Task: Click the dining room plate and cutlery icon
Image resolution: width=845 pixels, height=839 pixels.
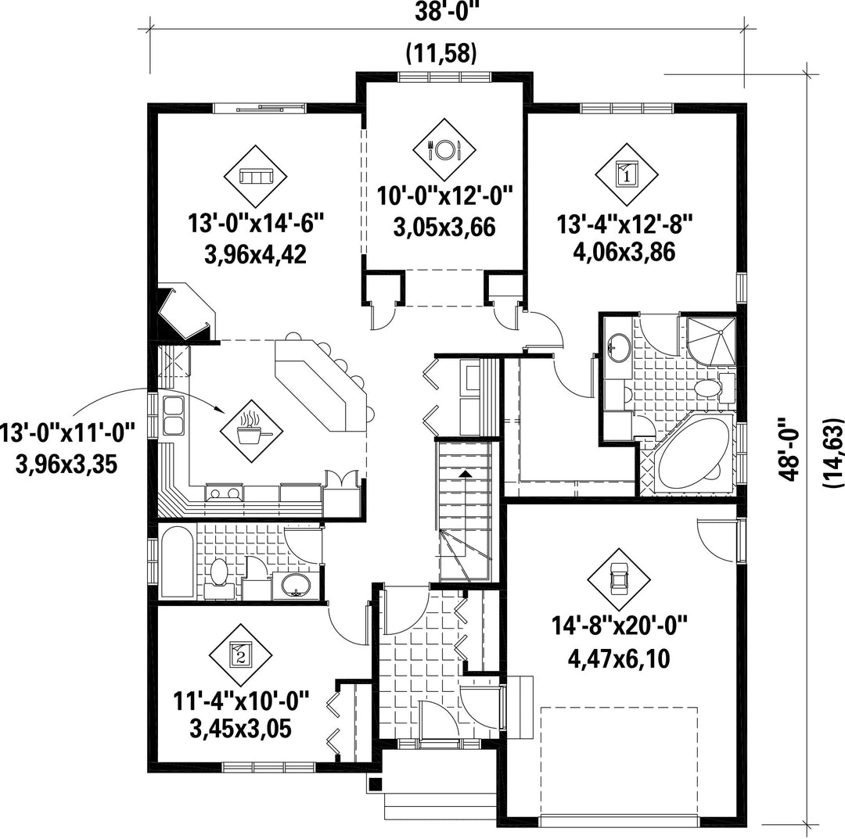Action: [444, 149]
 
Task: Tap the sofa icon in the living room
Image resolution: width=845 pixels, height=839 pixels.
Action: [255, 176]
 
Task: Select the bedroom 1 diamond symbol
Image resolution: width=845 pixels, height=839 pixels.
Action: [627, 174]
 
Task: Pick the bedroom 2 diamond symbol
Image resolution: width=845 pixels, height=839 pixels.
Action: [241, 655]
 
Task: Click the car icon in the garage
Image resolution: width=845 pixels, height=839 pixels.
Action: [618, 580]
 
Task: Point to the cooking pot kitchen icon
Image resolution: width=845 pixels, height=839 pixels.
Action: [252, 430]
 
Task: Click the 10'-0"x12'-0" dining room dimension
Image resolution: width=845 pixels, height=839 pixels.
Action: [444, 195]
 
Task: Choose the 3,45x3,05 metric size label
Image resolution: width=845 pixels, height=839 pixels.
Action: [241, 730]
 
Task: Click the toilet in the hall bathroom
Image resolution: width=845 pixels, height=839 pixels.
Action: [219, 574]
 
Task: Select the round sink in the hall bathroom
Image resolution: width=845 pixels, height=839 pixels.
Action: [295, 585]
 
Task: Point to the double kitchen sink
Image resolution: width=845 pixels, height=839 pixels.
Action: [174, 414]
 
